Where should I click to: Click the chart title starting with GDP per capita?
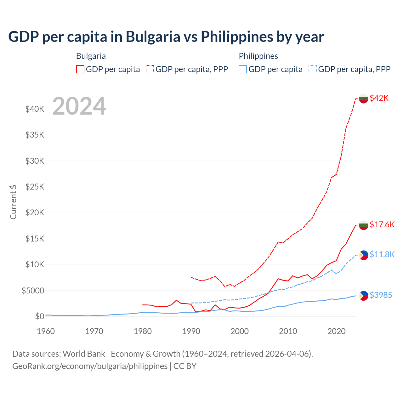[166, 37]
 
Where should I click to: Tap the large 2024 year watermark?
[79, 106]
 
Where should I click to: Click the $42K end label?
[379, 98]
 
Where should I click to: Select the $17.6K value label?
[382, 224]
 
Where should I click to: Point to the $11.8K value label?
[382, 254]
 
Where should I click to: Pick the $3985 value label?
[381, 295]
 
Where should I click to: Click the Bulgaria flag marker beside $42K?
[364, 98]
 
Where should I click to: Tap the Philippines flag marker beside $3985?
[364, 295]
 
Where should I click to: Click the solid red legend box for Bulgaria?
[80, 69]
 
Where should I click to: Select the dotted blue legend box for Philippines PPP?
[313, 69]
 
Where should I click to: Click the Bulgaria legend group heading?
[91, 56]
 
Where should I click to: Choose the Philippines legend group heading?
[258, 56]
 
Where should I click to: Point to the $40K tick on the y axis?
[35, 109]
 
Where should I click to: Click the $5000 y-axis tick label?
[33, 291]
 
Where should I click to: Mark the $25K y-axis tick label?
[35, 187]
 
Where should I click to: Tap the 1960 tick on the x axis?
[46, 331]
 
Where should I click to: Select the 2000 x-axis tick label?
[240, 331]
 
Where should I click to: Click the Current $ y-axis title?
[13, 202]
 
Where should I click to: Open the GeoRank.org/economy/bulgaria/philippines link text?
[90, 366]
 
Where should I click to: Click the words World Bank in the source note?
[84, 354]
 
